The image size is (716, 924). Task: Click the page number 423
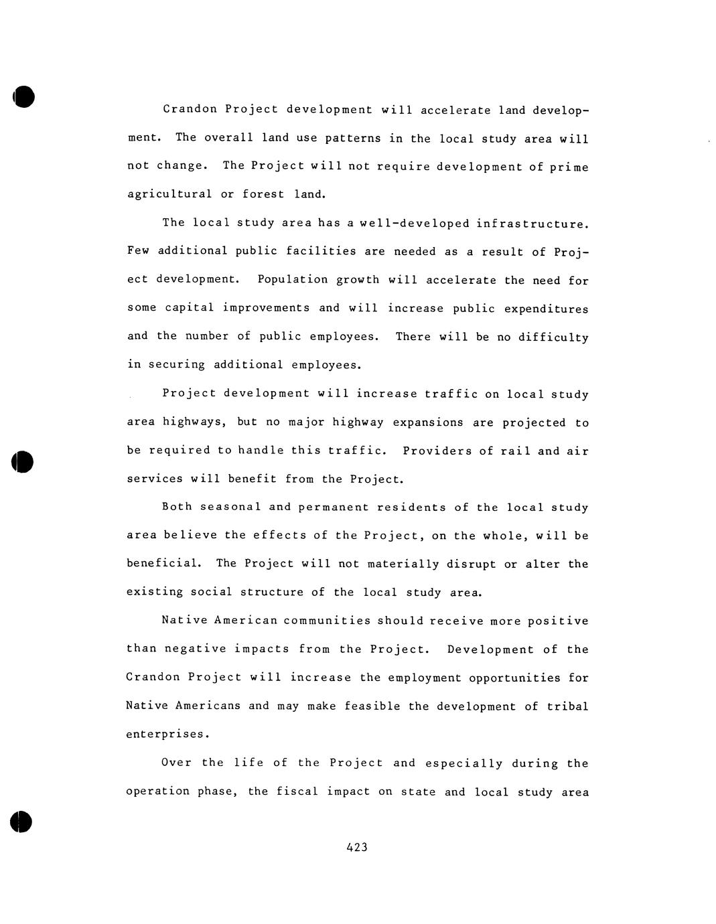coord(357,847)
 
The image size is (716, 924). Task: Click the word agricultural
coord(169,194)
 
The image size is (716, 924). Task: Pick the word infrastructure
coord(532,223)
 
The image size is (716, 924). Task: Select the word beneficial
coord(163,563)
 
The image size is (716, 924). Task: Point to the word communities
coord(327,620)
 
